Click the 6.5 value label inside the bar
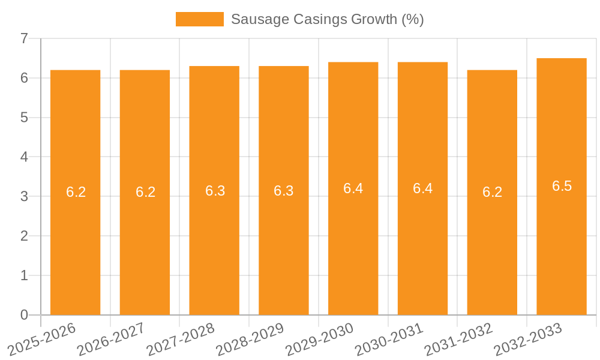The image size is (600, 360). point(562,186)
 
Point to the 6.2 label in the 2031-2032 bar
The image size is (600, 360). point(492,192)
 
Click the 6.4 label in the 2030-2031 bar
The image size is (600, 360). point(422,188)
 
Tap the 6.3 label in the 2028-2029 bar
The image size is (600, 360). point(283,191)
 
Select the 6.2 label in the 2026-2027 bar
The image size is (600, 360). point(145,192)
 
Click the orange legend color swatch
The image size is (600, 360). point(199,19)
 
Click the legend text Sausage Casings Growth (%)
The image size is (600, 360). point(327,19)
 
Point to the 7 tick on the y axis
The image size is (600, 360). point(25,38)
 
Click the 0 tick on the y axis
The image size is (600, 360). point(25,315)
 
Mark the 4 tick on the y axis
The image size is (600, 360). point(25,157)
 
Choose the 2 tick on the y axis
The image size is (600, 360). point(25,236)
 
